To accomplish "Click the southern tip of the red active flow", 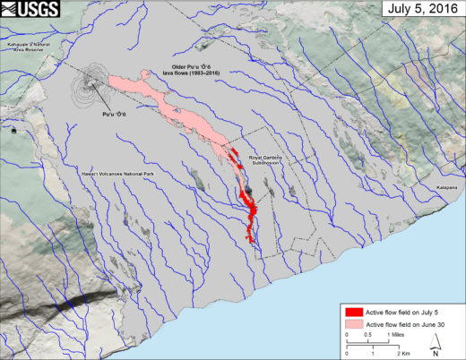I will coord(250,240).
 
